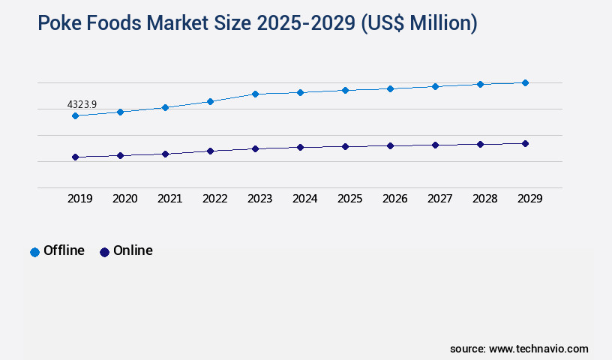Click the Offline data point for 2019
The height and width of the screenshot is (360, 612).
pyautogui.click(x=75, y=115)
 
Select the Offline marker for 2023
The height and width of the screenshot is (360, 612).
pyautogui.click(x=255, y=94)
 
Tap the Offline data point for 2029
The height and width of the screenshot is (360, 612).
pyautogui.click(x=525, y=82)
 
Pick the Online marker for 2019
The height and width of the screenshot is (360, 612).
pyautogui.click(x=75, y=157)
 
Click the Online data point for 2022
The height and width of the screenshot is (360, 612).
pyautogui.click(x=210, y=151)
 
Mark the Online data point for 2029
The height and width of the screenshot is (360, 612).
pyautogui.click(x=525, y=143)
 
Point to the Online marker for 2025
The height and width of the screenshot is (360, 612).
pyautogui.click(x=345, y=146)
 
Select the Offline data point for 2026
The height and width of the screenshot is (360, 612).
pyautogui.click(x=390, y=88)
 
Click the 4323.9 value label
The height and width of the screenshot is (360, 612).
pyautogui.click(x=82, y=104)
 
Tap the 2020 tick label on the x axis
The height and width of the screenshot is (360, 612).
pyautogui.click(x=124, y=199)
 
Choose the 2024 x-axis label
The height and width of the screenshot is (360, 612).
pyautogui.click(x=304, y=199)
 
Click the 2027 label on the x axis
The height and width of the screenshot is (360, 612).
pyautogui.click(x=439, y=199)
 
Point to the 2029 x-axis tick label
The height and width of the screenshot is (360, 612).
pyautogui.click(x=529, y=199)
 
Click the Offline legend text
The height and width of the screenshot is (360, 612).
pyautogui.click(x=64, y=250)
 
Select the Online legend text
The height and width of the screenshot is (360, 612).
pyautogui.click(x=133, y=250)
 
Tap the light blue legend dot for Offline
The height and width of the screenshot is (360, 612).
pyautogui.click(x=34, y=252)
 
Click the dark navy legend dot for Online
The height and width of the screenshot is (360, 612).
pyautogui.click(x=104, y=252)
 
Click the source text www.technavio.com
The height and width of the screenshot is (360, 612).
pyautogui.click(x=538, y=349)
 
